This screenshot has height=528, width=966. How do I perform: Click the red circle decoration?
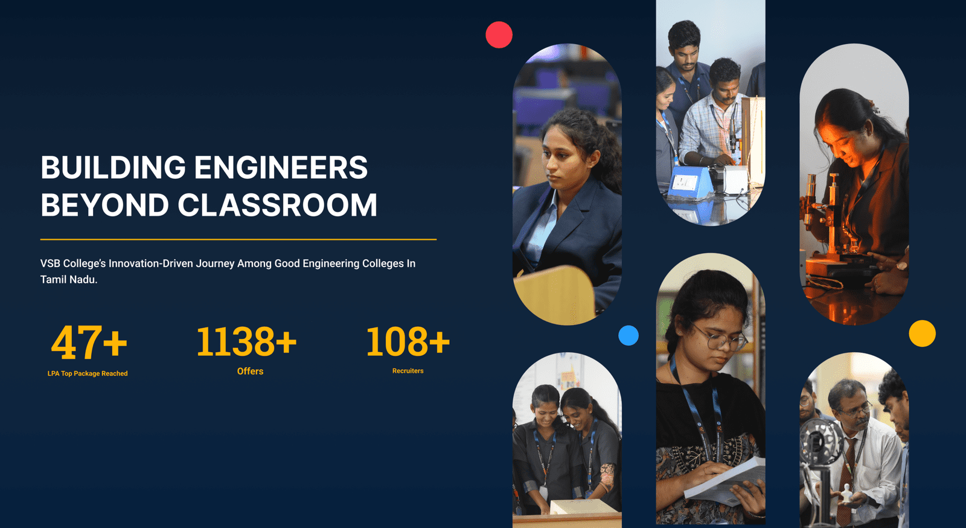click(x=499, y=34)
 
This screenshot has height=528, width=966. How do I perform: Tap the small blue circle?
click(x=629, y=335)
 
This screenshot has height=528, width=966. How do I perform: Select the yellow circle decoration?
click(x=922, y=333)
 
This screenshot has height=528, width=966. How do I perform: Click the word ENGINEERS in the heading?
click(x=281, y=167)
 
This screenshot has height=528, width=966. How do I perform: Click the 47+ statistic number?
click(x=89, y=343)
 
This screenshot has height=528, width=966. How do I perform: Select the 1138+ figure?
click(x=246, y=342)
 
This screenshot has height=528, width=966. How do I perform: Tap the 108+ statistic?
click(x=408, y=342)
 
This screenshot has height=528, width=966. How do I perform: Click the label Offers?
click(x=250, y=371)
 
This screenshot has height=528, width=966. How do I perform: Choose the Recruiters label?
click(x=408, y=370)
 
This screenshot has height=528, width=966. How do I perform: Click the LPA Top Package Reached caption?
click(x=88, y=373)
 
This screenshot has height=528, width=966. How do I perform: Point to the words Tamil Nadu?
click(x=69, y=280)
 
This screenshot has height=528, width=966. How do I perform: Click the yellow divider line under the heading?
click(x=238, y=239)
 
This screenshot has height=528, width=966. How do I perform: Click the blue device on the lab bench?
click(x=689, y=183)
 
